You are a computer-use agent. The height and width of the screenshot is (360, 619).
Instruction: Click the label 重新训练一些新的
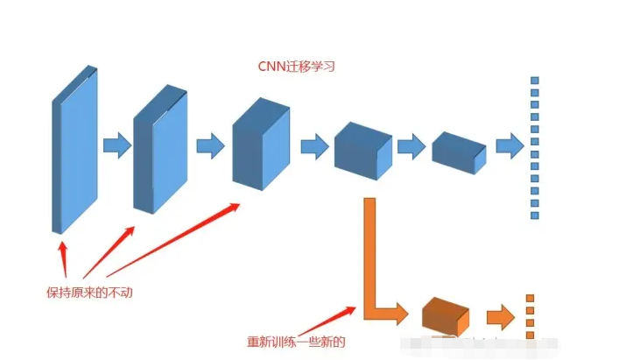tap(296, 342)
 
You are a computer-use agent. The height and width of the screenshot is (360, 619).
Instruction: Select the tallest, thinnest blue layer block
tap(74, 149)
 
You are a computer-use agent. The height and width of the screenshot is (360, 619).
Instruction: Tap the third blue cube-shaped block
tap(260, 145)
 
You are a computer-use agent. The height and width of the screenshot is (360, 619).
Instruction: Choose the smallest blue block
tap(458, 150)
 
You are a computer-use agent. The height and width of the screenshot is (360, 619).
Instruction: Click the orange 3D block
tap(445, 315)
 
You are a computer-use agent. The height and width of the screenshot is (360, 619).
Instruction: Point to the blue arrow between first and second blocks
tap(116, 145)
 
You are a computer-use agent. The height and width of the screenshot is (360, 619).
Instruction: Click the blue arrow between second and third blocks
tap(210, 145)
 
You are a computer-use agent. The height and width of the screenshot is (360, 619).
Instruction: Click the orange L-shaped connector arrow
tap(372, 263)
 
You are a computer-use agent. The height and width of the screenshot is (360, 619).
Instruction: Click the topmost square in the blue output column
tap(535, 81)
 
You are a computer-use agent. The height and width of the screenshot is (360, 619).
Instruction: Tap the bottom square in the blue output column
tap(535, 215)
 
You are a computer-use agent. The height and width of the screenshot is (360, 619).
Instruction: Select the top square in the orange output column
tap(530, 299)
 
